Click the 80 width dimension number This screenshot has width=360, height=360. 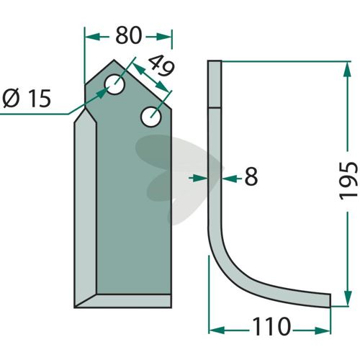[129, 35]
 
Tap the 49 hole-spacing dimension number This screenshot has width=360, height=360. [161, 66]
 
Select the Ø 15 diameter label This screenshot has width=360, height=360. [27, 99]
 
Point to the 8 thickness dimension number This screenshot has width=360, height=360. [251, 176]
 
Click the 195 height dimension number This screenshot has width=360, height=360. [348, 181]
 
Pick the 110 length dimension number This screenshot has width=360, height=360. [271, 327]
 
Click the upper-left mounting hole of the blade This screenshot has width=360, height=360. [114, 84]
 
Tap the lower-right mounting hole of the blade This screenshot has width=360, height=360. [151, 117]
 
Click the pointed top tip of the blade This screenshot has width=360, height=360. [114, 60]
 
